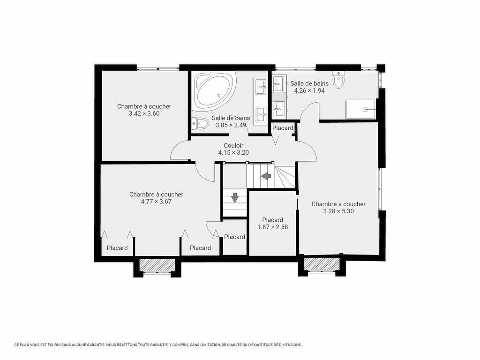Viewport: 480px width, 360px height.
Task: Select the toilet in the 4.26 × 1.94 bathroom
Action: point(338,80)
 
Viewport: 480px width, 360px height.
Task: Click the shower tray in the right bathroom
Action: point(360,109)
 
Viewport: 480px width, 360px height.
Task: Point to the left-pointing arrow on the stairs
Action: point(266,176)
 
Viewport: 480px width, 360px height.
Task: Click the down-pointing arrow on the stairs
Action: point(235,197)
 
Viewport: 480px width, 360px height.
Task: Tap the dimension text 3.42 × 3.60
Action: point(144,113)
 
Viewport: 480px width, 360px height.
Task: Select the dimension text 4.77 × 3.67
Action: point(156,201)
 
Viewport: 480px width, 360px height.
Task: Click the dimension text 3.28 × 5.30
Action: point(338,211)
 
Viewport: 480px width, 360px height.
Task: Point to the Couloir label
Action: point(233,146)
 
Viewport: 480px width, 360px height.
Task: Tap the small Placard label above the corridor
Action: point(283,128)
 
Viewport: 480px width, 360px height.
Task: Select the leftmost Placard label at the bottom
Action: point(117,248)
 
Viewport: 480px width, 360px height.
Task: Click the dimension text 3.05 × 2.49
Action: point(230,125)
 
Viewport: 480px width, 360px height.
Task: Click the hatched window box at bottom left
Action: point(157,265)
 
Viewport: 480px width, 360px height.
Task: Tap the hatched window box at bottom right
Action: point(321,264)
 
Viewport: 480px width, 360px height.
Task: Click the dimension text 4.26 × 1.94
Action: point(309,90)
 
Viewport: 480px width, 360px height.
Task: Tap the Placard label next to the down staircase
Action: point(234,237)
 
